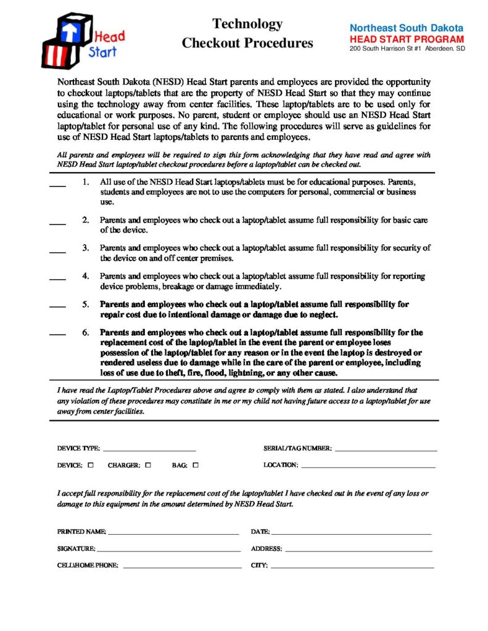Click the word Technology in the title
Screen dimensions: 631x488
tap(247, 24)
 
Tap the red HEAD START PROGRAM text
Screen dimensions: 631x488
tap(407, 38)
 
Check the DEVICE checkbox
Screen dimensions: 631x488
tap(91, 465)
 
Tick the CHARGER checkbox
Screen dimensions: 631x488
tap(148, 465)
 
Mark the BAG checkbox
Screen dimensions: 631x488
tap(195, 465)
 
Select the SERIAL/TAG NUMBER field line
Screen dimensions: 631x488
tap(386, 450)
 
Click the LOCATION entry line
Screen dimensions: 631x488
tap(368, 466)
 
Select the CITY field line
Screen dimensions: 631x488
tap(352, 566)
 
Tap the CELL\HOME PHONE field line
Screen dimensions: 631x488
tap(182, 566)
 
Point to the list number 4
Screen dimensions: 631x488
tap(86, 277)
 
